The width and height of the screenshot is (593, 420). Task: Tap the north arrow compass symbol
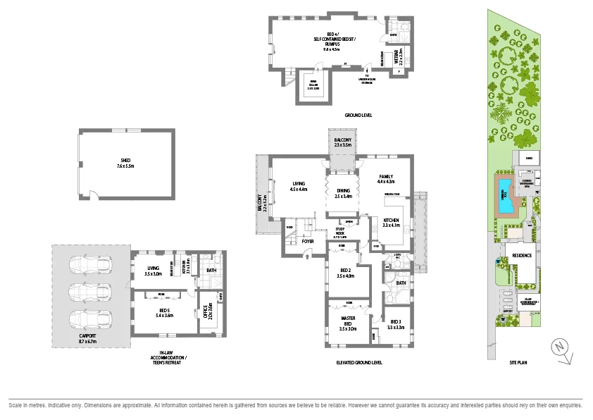pyautogui.click(x=560, y=348)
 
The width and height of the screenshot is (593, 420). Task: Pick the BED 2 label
pyautogui.click(x=345, y=273)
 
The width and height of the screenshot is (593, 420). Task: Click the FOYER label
pyautogui.click(x=308, y=241)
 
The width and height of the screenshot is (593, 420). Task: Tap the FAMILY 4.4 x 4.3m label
pyautogui.click(x=386, y=179)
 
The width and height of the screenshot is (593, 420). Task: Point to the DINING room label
pyautogui.click(x=342, y=192)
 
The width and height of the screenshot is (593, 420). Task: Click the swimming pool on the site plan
pyautogui.click(x=506, y=202)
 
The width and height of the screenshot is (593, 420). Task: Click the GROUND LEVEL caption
pyautogui.click(x=358, y=115)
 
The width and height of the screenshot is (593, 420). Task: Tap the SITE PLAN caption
pyautogui.click(x=518, y=362)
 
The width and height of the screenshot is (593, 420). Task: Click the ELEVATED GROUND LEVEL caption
pyautogui.click(x=359, y=362)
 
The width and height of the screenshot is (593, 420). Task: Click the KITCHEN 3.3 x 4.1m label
pyautogui.click(x=392, y=223)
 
